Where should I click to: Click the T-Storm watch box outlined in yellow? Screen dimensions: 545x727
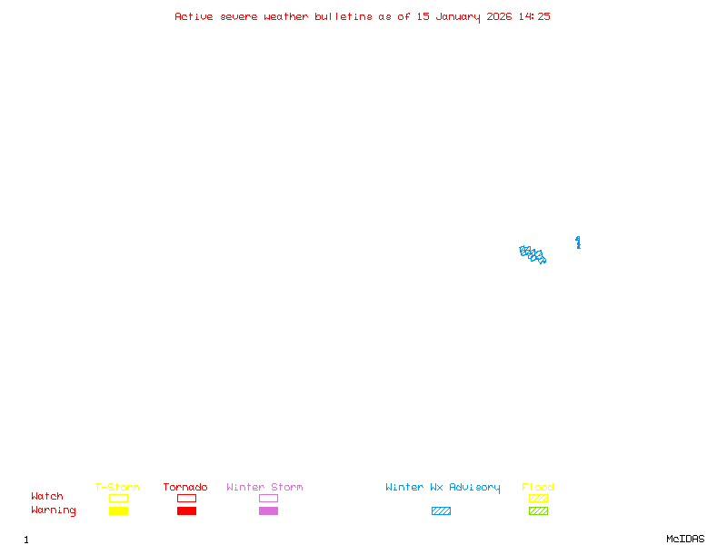[118, 498]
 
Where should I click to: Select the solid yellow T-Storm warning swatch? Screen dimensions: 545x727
[118, 511]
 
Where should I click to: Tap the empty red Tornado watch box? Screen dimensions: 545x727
[186, 498]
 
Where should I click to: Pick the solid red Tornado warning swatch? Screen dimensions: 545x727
[186, 511]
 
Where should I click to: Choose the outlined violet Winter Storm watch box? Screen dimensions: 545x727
[268, 498]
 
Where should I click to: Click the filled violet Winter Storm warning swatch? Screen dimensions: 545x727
[268, 511]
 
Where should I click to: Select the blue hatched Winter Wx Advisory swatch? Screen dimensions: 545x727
[441, 511]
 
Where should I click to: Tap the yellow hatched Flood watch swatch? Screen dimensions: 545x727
[538, 498]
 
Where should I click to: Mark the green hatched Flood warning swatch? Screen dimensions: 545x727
[538, 511]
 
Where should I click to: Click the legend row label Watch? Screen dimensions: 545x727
[47, 497]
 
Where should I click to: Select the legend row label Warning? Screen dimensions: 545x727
[54, 510]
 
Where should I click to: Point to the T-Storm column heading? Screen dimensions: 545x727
[117, 488]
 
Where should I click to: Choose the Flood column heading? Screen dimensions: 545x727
[538, 488]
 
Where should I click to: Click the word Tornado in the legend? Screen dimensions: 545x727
[185, 488]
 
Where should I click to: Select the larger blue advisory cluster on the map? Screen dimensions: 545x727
[533, 254]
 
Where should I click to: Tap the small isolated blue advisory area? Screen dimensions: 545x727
[578, 242]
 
